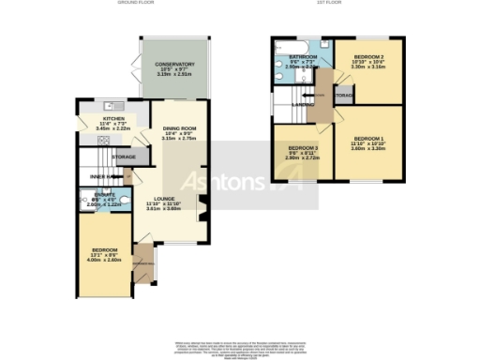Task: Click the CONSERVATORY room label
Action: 174,65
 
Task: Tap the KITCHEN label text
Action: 113,119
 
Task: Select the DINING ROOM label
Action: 178,128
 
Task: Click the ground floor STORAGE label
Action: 124,157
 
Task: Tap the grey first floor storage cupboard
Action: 343,95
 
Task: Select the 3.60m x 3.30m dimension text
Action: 368,148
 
